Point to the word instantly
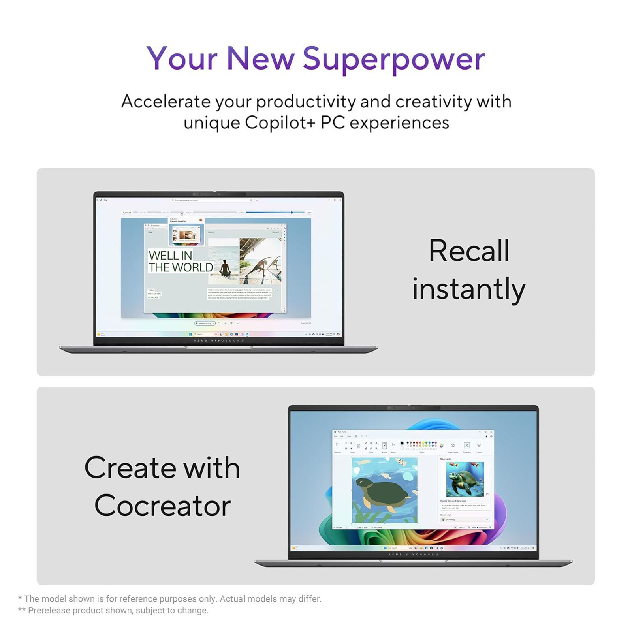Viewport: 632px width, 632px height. (x=468, y=289)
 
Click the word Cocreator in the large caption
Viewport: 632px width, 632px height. (x=162, y=506)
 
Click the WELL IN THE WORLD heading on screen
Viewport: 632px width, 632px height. (x=181, y=261)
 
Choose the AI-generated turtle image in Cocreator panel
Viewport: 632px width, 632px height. (x=465, y=479)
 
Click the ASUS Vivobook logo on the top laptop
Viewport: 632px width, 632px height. (x=219, y=340)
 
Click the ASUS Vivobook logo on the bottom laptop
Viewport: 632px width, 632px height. (x=414, y=554)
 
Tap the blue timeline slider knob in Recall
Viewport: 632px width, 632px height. (x=292, y=213)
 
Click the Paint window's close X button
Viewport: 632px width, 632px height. (x=491, y=432)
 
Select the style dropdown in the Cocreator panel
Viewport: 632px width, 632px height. (x=465, y=520)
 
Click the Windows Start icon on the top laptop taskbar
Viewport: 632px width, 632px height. (x=190, y=334)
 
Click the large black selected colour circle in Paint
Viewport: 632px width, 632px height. (x=402, y=443)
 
